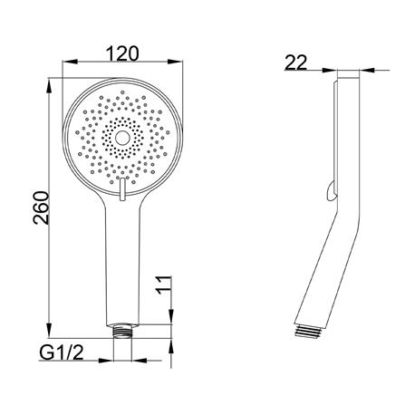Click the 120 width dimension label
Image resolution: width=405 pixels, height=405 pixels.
[122, 53]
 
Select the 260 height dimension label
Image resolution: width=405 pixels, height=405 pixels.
[41, 207]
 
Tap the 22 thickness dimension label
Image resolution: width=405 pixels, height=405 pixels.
[296, 63]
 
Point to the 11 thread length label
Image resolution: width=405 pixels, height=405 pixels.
[163, 284]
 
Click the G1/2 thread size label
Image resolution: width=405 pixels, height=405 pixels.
[62, 352]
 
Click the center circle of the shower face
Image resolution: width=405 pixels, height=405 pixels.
[122, 139]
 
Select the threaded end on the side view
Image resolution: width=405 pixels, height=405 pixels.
[308, 331]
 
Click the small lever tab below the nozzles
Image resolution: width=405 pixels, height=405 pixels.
[122, 189]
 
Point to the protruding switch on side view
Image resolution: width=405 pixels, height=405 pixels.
[332, 191]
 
